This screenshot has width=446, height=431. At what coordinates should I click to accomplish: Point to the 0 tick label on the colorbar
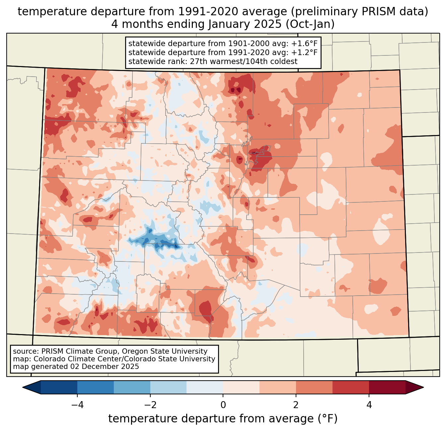(x=223, y=405)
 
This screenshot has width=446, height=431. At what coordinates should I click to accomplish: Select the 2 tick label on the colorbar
(x=296, y=405)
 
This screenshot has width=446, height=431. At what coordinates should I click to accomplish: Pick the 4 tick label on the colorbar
(x=369, y=405)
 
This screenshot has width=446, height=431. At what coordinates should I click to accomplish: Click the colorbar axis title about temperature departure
(x=223, y=419)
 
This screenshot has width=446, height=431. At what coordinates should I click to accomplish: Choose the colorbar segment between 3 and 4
(x=351, y=387)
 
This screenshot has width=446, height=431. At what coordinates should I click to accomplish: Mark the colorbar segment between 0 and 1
(x=241, y=387)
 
